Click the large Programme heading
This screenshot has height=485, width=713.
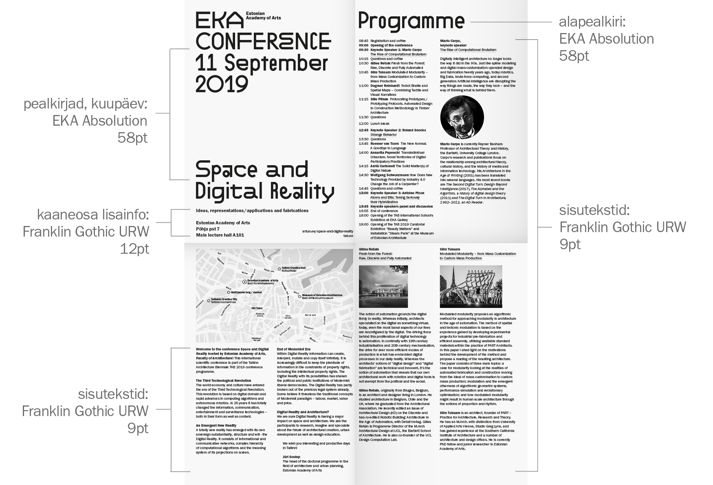[x=411, y=21]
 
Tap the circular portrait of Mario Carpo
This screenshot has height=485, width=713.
[x=462, y=118]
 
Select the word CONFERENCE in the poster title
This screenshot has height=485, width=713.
[x=263, y=41]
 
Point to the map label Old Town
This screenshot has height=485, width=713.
[x=257, y=308]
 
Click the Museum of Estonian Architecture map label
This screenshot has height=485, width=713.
[x=322, y=295]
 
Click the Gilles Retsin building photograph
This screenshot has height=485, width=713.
[x=383, y=286]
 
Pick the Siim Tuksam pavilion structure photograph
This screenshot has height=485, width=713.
[x=471, y=286]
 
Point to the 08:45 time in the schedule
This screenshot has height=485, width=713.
[x=363, y=41]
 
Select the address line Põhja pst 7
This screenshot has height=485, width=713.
[x=207, y=229]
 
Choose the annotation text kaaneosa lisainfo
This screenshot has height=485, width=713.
[x=93, y=215]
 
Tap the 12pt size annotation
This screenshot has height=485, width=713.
[x=134, y=248]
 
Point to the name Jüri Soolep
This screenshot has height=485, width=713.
[x=291, y=457]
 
